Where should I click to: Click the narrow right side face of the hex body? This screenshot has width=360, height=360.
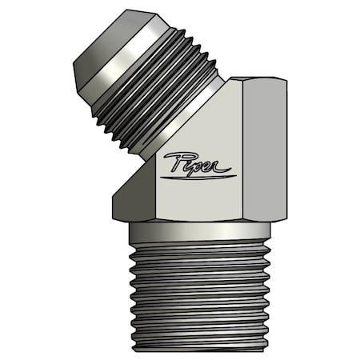264,152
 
